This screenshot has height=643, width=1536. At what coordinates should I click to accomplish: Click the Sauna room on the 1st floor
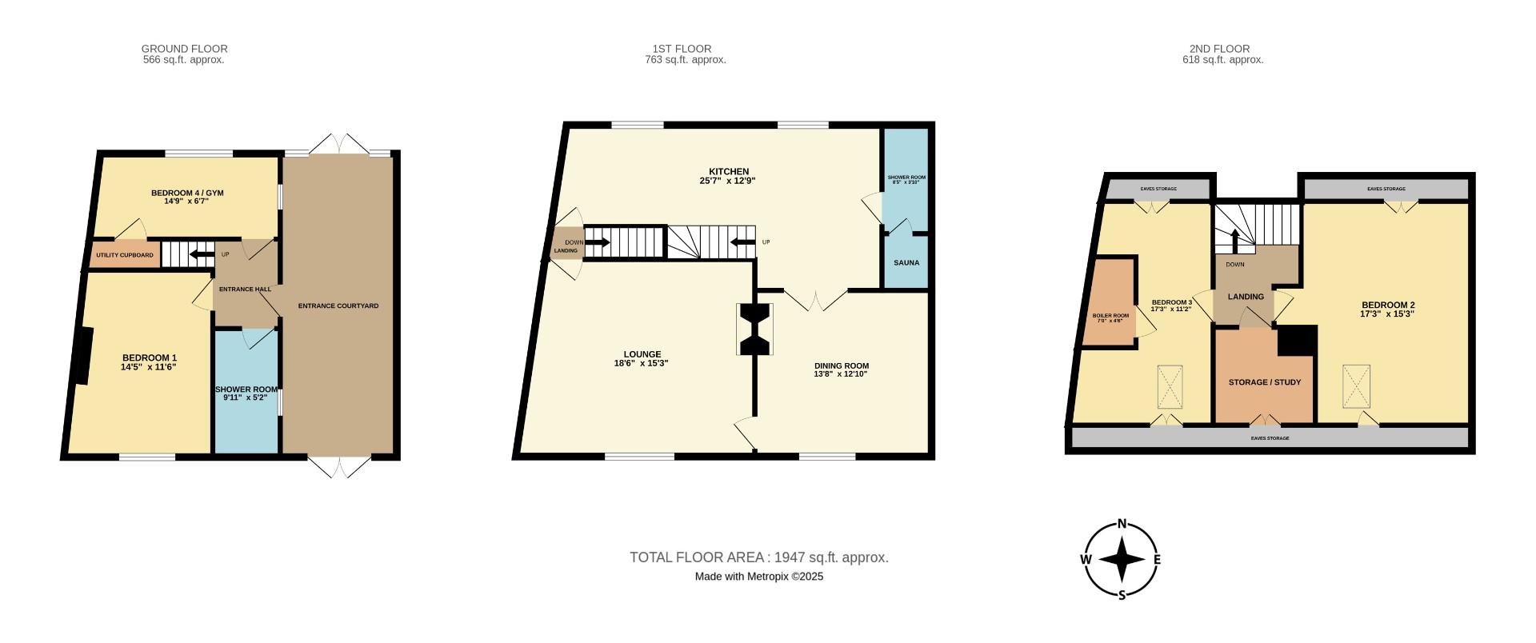tap(906, 262)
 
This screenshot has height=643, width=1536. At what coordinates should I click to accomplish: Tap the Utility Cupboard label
tap(125, 255)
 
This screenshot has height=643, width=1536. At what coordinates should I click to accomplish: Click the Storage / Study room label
tap(1264, 382)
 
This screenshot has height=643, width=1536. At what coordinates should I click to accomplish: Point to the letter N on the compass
tap(1122, 525)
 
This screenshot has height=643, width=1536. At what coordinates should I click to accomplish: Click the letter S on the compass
tap(1122, 595)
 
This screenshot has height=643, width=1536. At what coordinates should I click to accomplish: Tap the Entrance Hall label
tap(246, 290)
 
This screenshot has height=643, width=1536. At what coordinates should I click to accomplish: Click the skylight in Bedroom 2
tap(1356, 385)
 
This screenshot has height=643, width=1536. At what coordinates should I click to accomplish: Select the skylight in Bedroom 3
tap(1170, 387)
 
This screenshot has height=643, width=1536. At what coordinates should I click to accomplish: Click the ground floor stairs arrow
tap(201, 255)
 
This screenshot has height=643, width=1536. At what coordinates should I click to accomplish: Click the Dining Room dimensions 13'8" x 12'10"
tap(840, 374)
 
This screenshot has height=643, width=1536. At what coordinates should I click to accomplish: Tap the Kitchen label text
tap(729, 171)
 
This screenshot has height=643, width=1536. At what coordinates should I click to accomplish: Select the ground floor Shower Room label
tap(246, 389)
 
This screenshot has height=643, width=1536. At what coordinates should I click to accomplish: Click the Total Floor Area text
tap(758, 557)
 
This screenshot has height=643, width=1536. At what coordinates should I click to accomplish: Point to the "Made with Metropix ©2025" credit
tap(758, 577)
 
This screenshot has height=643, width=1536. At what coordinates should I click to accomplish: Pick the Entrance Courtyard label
tap(338, 306)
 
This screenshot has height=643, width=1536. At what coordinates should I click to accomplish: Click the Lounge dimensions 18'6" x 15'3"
tap(642, 363)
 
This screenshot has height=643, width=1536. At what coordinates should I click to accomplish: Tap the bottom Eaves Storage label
tap(1270, 438)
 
